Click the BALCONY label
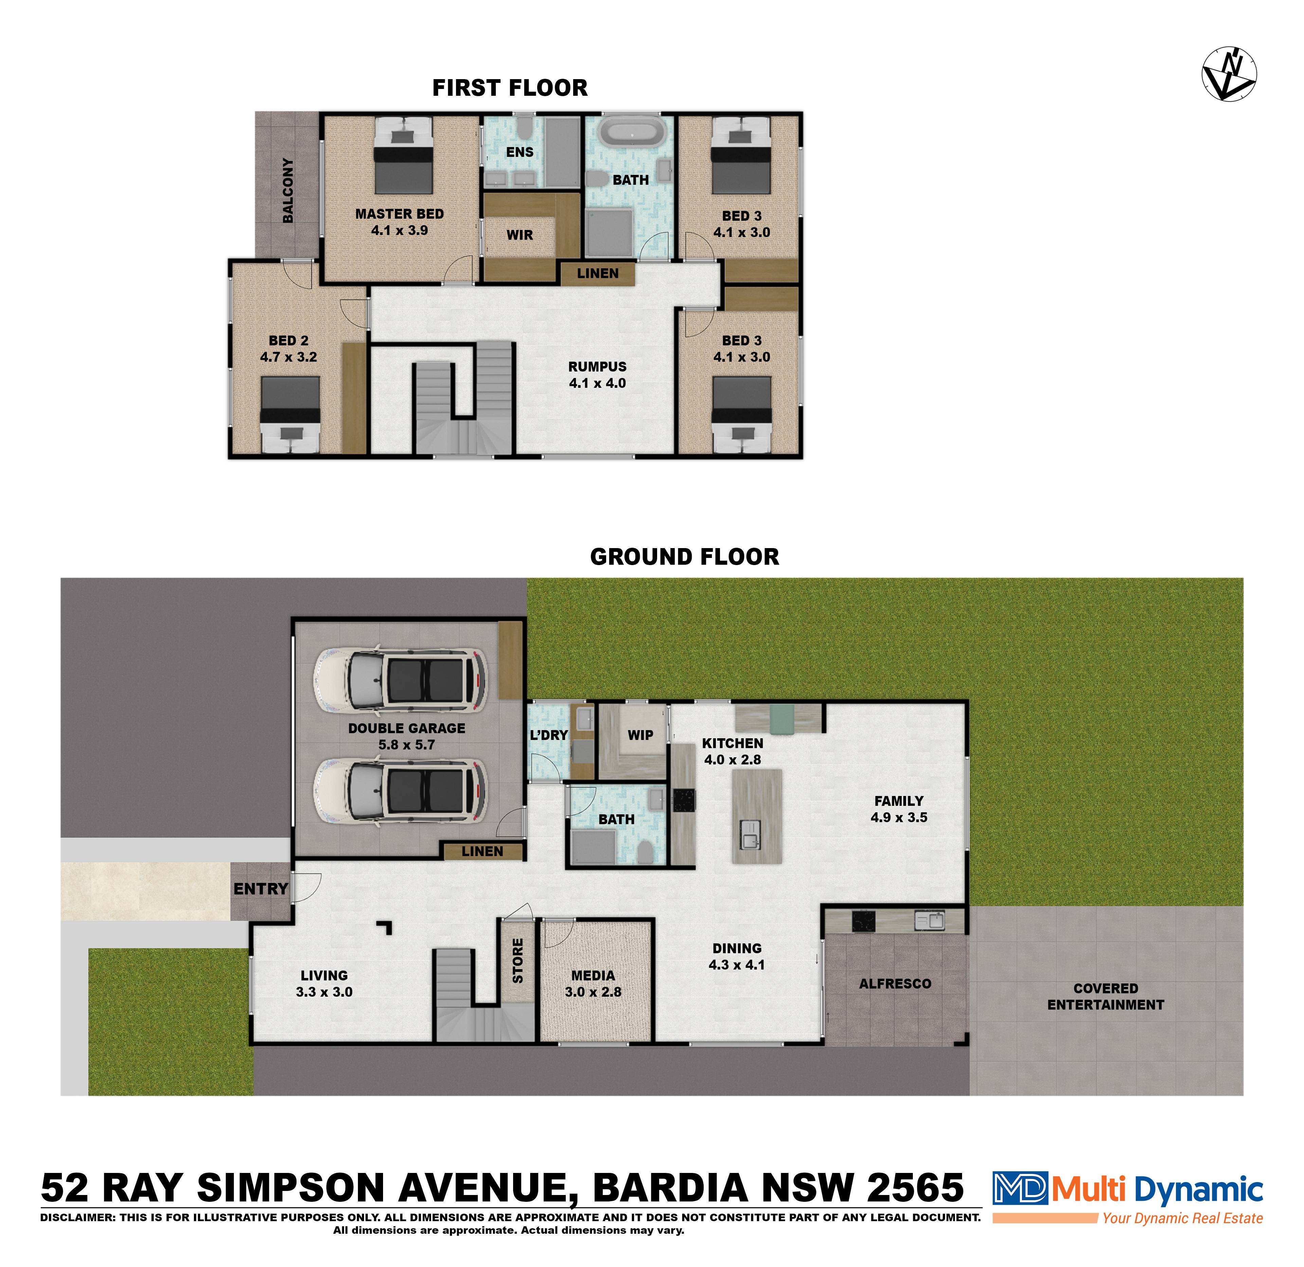tap(287, 190)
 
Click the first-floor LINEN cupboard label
tap(597, 273)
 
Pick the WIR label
tap(520, 235)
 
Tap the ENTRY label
tap(261, 889)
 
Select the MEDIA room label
tap(593, 976)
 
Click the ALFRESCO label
tap(895, 983)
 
